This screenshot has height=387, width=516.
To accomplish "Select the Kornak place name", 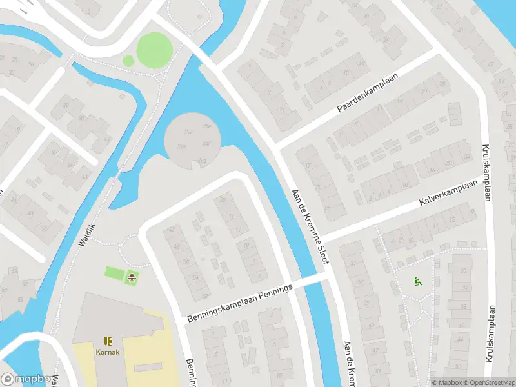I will click(x=108, y=352).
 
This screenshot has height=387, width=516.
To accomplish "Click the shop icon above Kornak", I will click(x=108, y=341).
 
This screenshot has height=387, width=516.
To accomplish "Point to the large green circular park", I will click(x=155, y=48).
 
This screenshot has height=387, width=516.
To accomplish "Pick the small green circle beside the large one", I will click(x=128, y=61).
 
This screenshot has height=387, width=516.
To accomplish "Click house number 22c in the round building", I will click(x=188, y=132).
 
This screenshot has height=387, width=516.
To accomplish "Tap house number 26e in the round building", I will click(x=207, y=126).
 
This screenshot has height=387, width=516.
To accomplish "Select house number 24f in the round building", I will click(x=207, y=143).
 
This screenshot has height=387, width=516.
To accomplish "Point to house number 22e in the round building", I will click(x=183, y=147).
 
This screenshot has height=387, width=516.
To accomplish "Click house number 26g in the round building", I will click(x=203, y=159).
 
